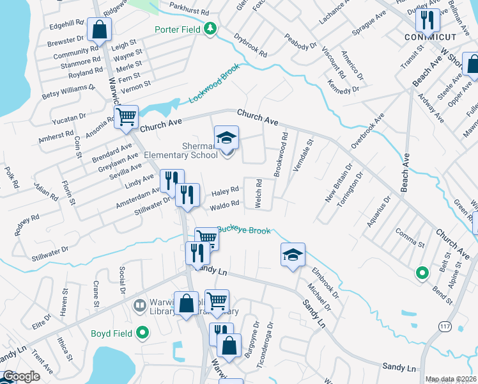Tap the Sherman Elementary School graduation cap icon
226,137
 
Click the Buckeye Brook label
245,230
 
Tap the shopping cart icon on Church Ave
127,117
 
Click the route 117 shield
445,326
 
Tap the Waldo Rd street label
226,204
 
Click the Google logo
20,376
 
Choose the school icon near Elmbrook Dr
293,255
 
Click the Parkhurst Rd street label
190,12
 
